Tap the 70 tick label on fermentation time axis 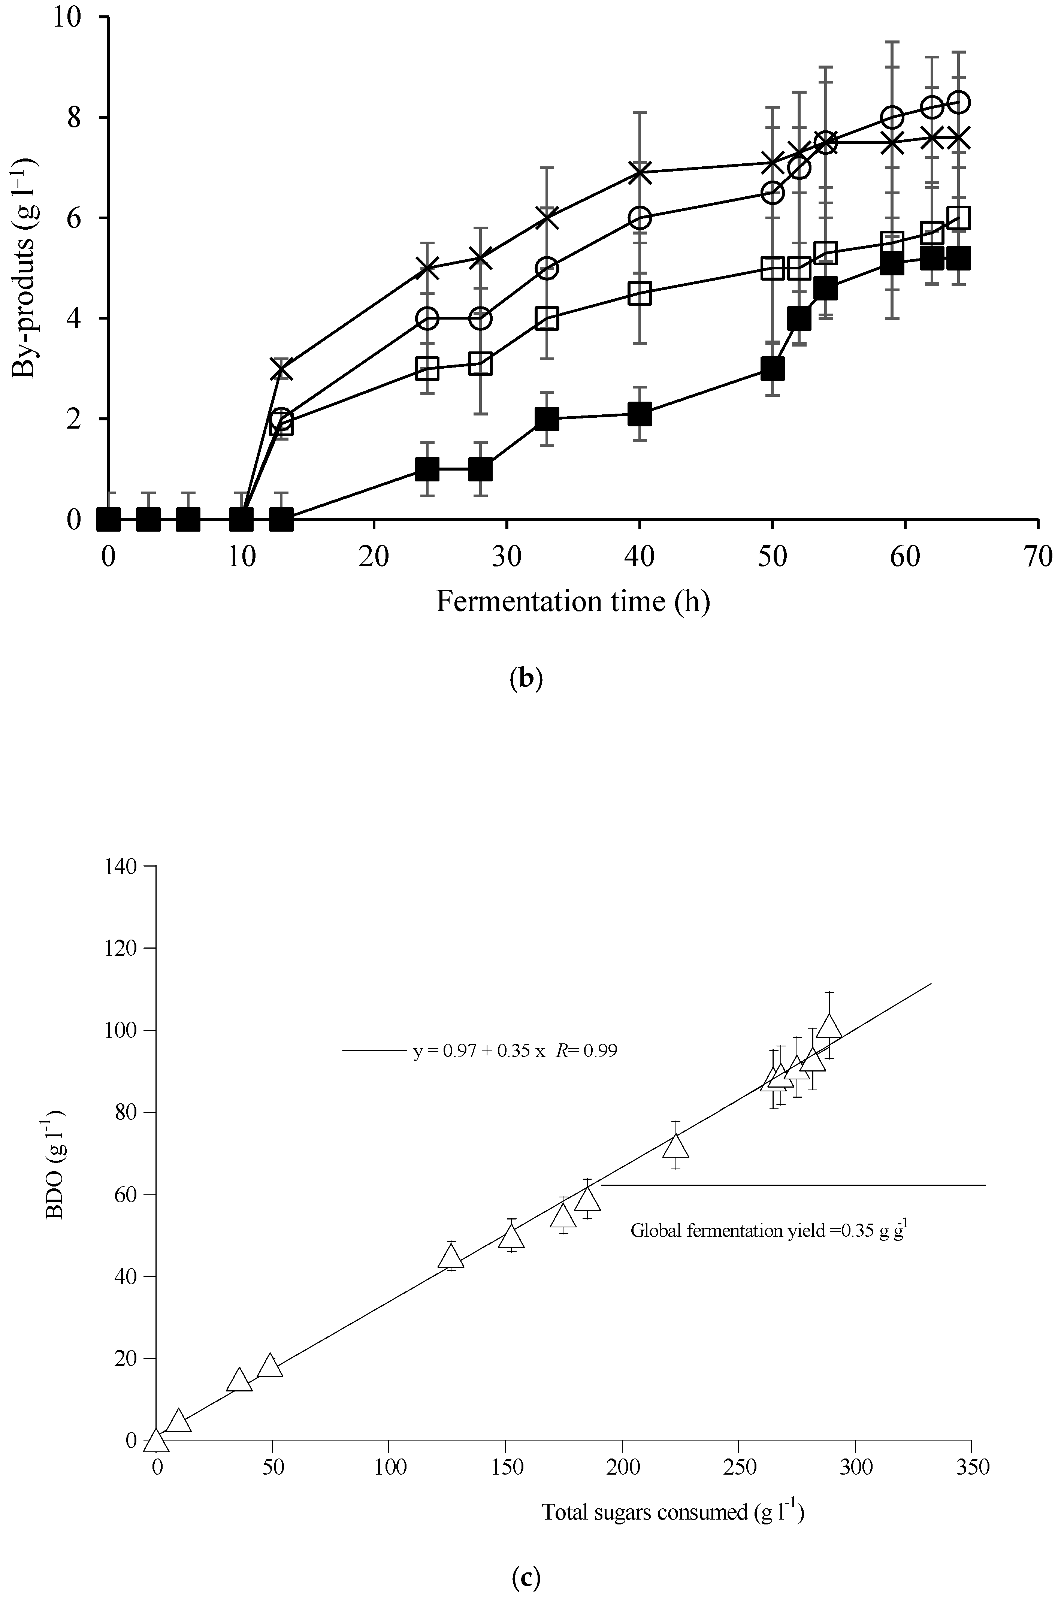click(x=1037, y=556)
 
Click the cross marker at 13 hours click(x=281, y=369)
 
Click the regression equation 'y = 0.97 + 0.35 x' click(x=479, y=1051)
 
